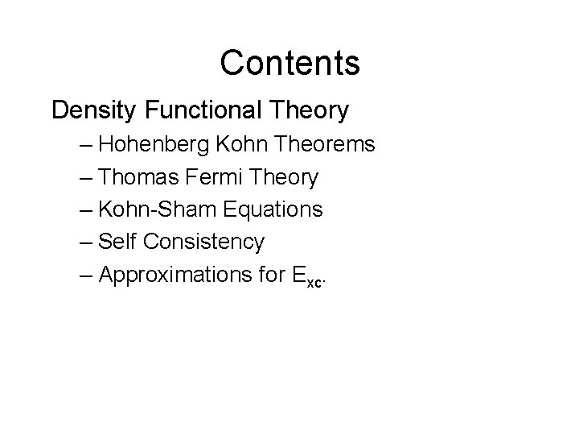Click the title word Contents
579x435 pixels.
[x=289, y=63]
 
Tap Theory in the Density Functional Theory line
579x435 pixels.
[x=310, y=110]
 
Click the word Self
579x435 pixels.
[x=115, y=242]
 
